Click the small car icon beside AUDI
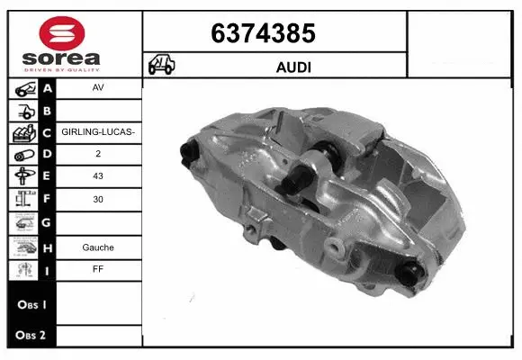(x=162, y=66)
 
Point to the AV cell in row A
(x=98, y=89)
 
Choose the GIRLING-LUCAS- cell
(x=98, y=132)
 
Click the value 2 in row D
(x=98, y=155)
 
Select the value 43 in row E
(x=98, y=177)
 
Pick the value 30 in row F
(x=98, y=200)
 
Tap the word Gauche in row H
(x=98, y=246)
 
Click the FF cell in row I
(x=98, y=268)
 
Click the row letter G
(x=47, y=222)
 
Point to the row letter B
(x=47, y=110)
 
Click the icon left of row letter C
(x=22, y=132)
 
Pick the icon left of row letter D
(x=22, y=155)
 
